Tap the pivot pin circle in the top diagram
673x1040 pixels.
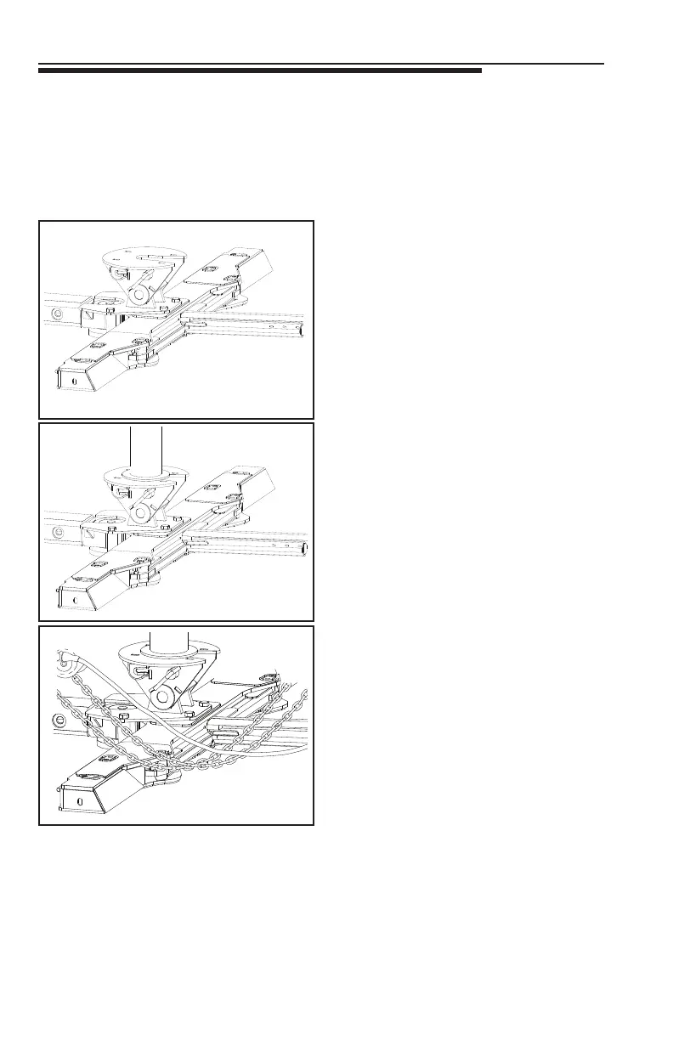(x=136, y=294)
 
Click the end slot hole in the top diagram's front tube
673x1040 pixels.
(x=76, y=382)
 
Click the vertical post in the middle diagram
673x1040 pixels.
(x=145, y=446)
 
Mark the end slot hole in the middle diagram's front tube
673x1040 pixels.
(x=76, y=599)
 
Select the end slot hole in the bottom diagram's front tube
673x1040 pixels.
(x=79, y=800)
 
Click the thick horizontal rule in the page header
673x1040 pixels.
(x=259, y=71)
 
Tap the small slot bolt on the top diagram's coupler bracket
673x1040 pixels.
(x=116, y=274)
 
